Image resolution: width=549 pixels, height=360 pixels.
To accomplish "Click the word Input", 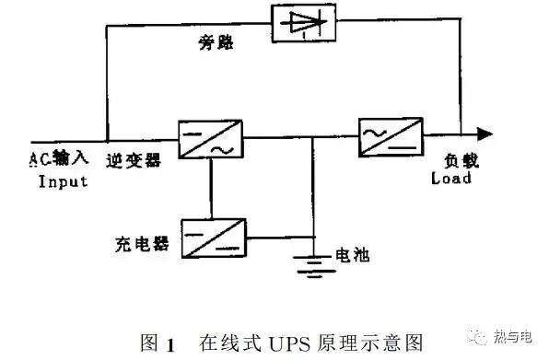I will pos(64,181).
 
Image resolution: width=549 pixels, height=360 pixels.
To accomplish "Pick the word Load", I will pos(451,179).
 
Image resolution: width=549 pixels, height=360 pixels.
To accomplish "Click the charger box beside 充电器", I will pos(213,237).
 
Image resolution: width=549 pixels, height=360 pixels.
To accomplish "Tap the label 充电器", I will pos(143,246).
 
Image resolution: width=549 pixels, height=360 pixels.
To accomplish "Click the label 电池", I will pos(350,255).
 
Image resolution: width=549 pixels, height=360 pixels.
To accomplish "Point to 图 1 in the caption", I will pos(155,343).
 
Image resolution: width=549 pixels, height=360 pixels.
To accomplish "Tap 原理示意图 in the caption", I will pos(373,343).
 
